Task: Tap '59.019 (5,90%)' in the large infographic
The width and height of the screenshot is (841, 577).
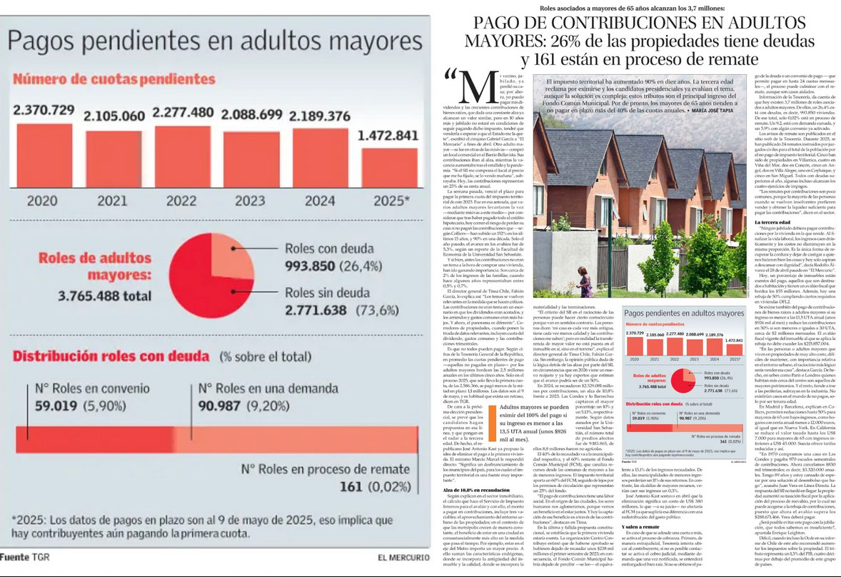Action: click(75, 406)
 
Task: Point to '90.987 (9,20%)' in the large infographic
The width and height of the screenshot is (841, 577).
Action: click(247, 406)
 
